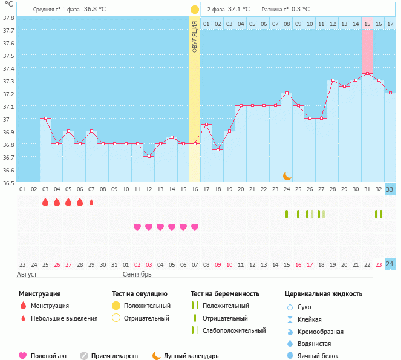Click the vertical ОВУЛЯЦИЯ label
pos(195,36)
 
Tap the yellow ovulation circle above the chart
pos(195,10)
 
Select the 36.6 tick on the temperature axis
pos(9,170)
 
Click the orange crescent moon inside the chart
pos(287,175)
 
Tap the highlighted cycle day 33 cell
pos(390,190)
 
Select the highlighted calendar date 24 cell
pos(390,264)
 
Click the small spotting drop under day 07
pos(91,203)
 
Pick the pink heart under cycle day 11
pos(137,227)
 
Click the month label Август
pos(28,275)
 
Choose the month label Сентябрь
pos(137,275)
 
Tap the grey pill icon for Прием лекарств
pos(84,356)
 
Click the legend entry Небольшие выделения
pos(64,318)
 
